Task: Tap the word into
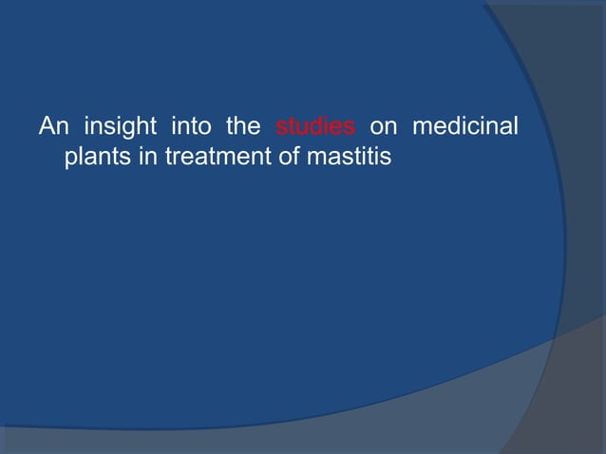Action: point(191,125)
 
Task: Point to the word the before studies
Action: point(243,125)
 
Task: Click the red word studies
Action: point(315,125)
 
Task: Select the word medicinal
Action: point(464,125)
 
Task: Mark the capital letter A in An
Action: point(46,125)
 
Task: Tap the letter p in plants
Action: point(70,159)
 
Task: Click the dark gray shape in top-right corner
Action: point(570,57)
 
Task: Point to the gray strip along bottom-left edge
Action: point(142,442)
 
